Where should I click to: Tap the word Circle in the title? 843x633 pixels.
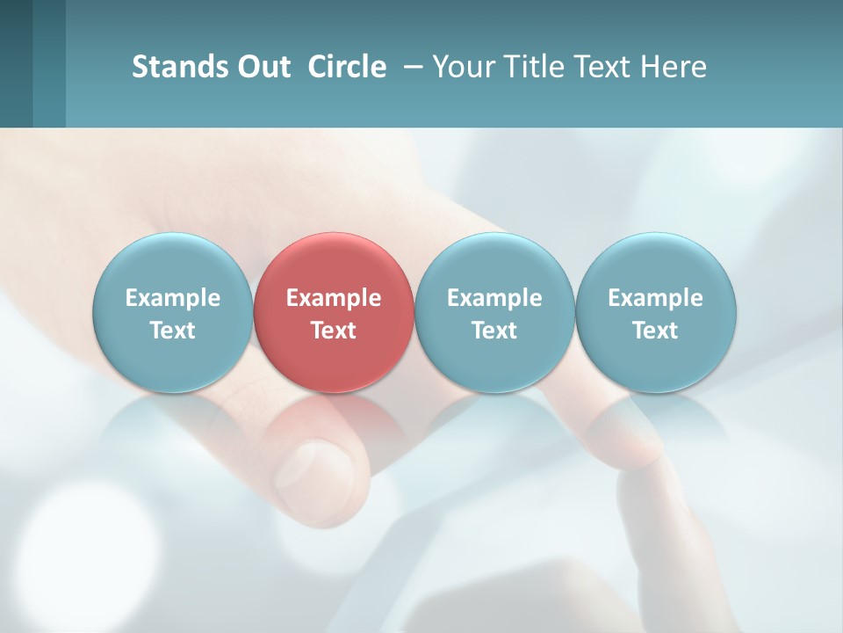[x=347, y=67]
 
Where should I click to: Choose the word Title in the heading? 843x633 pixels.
[x=535, y=67]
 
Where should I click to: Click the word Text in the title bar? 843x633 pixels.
[x=603, y=67]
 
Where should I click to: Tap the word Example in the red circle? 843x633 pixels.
[x=334, y=298]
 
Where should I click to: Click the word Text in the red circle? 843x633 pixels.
[x=334, y=331]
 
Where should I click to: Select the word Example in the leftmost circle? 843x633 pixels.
[x=173, y=298]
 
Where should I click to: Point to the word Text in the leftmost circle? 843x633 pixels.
[x=173, y=331]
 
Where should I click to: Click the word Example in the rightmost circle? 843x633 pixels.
[x=656, y=298]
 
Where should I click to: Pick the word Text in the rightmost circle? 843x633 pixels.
[x=656, y=331]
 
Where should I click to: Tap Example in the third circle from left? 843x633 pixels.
[x=494, y=298]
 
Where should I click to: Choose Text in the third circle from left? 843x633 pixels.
[x=494, y=331]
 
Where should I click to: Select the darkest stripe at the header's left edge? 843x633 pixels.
[x=16, y=63]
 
